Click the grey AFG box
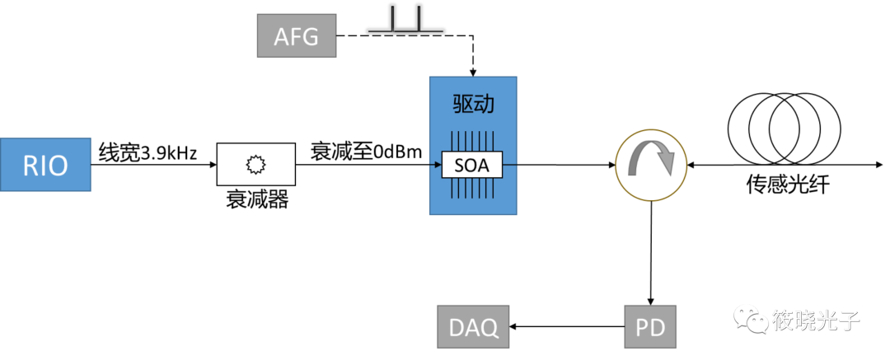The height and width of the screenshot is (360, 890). click(x=297, y=36)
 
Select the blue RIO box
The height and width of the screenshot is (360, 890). click(x=45, y=165)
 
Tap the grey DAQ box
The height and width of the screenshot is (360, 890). click(x=473, y=327)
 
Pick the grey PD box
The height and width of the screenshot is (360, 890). click(x=650, y=327)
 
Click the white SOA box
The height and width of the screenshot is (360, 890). click(x=472, y=165)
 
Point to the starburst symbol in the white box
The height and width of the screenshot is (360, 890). click(x=255, y=164)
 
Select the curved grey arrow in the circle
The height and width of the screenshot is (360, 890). click(x=652, y=160)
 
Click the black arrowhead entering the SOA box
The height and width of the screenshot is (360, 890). click(x=437, y=165)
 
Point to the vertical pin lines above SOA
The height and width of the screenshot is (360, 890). click(x=472, y=140)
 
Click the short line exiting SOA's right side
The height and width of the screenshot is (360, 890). click(x=509, y=165)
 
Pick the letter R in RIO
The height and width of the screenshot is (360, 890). click(x=30, y=166)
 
